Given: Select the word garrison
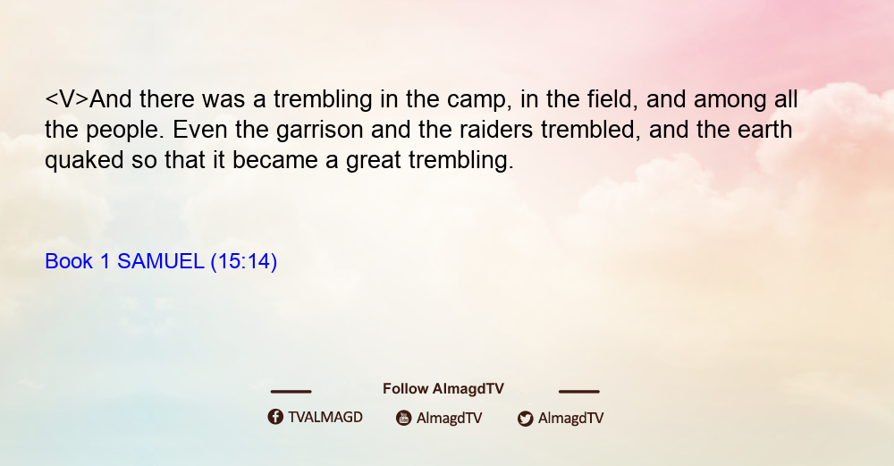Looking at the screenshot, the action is [319, 131].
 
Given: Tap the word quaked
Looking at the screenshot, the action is [84, 161].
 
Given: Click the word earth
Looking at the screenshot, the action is [764, 130].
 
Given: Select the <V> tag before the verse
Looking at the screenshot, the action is [67, 99].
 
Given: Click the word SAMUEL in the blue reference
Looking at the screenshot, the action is [161, 261].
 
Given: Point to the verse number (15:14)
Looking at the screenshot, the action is [244, 262].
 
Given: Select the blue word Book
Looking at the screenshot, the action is [69, 261].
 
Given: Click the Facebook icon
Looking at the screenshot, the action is [275, 417].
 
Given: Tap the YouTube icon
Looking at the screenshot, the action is [404, 418].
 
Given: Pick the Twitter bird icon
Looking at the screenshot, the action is [525, 419].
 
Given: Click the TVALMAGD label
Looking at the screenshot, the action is [325, 417].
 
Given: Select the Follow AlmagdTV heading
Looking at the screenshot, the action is [443, 388].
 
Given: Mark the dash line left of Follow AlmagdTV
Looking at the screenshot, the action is [291, 391].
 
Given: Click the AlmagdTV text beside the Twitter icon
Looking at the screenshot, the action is [570, 418].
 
